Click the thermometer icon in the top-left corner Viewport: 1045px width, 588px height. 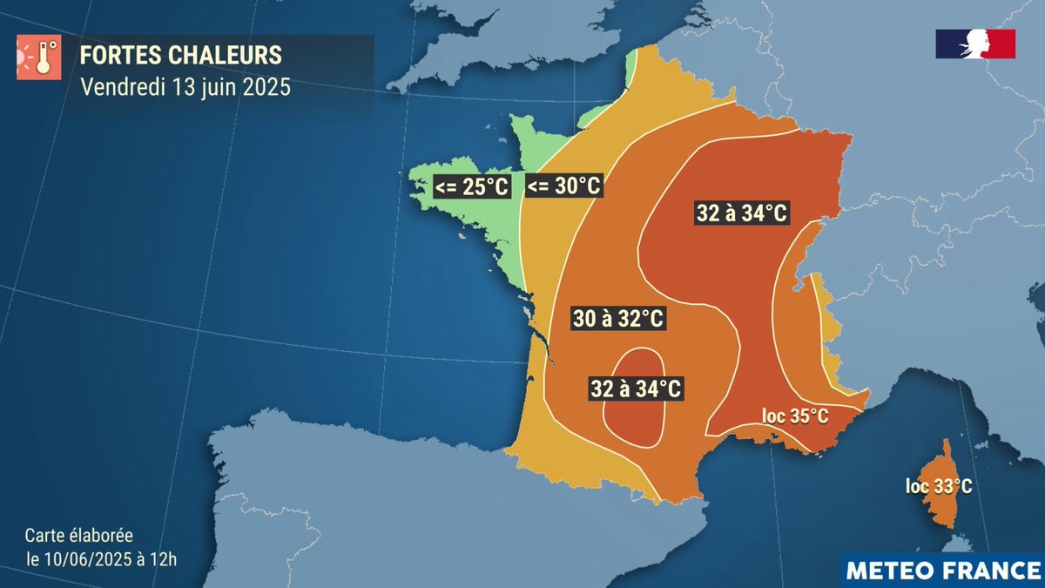(37, 58)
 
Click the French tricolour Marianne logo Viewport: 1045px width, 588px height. (975, 44)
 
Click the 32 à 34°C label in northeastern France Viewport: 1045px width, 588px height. (742, 213)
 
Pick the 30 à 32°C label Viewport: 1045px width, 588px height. (618, 319)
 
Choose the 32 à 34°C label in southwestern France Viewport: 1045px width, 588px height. (636, 388)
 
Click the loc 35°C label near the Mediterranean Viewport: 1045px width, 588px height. (795, 416)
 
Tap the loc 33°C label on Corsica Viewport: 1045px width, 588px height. (939, 487)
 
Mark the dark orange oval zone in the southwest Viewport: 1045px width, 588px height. (634, 422)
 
